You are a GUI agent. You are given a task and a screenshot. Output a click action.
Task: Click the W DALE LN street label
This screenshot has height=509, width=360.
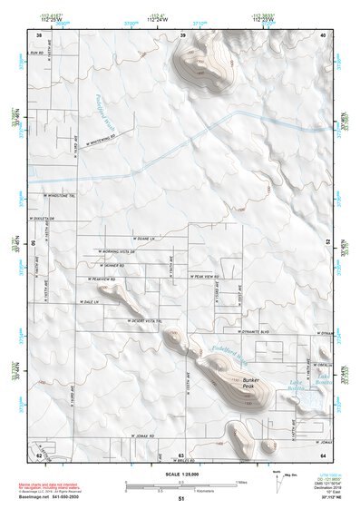87,301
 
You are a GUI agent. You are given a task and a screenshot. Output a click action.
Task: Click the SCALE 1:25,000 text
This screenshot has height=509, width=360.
180,473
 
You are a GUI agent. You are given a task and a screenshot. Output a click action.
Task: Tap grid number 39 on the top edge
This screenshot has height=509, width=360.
183,34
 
